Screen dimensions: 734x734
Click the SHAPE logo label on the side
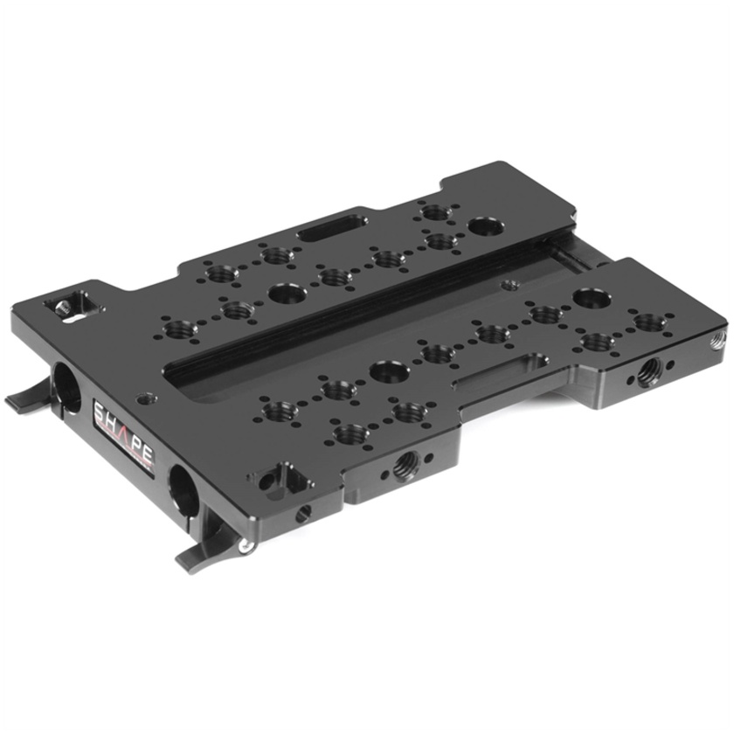(124, 435)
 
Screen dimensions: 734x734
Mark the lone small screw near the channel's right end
(509, 284)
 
